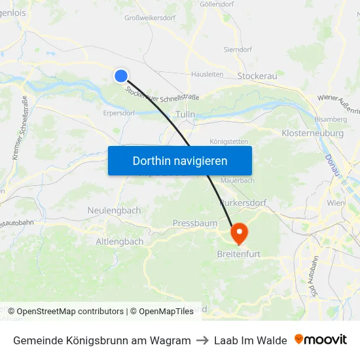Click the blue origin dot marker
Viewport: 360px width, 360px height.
[x=120, y=76]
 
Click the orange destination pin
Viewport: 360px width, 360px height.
[x=238, y=232]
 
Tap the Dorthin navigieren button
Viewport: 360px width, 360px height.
[x=180, y=160]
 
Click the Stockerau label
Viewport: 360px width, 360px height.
[x=257, y=76]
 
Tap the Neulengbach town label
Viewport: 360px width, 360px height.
[x=114, y=210]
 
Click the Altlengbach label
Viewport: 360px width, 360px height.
[x=120, y=242]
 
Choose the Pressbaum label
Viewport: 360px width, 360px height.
[x=195, y=223]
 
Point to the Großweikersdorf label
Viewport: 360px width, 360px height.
[x=150, y=18]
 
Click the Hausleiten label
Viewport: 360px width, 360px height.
[x=206, y=75]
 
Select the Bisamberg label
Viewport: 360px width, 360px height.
[x=331, y=119]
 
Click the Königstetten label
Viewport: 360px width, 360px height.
[x=228, y=141]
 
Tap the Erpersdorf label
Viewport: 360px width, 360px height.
[x=119, y=113]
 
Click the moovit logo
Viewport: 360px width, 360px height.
[x=321, y=340]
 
